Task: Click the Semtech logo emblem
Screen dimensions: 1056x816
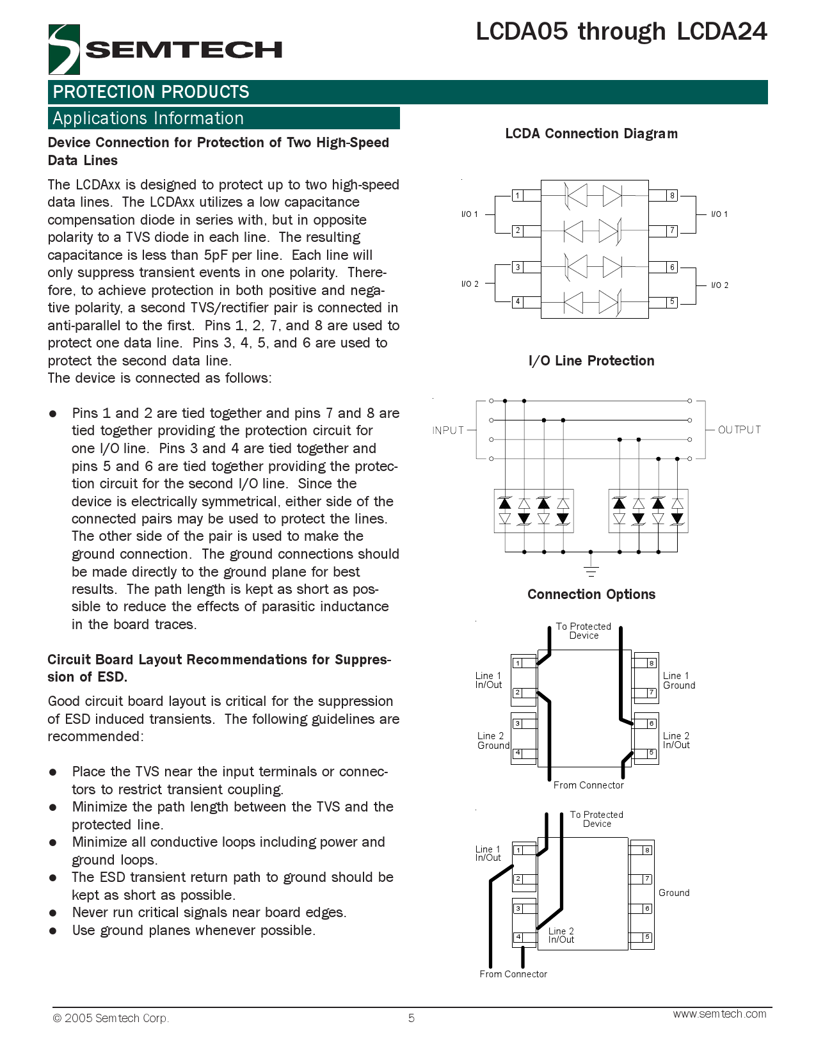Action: pos(64,49)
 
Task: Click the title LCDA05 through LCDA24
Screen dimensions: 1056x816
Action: pos(621,31)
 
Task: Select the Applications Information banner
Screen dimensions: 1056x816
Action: pos(223,118)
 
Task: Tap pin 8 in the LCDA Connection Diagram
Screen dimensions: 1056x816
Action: pos(672,196)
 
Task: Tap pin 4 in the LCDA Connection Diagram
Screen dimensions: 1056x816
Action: pos(518,301)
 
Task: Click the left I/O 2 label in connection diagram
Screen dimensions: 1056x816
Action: pos(470,284)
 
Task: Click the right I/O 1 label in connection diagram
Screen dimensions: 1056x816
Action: pos(719,214)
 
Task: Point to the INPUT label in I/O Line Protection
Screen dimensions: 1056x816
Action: pos(448,430)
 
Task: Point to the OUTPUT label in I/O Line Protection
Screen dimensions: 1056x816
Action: pos(739,429)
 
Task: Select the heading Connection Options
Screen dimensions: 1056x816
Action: pos(591,594)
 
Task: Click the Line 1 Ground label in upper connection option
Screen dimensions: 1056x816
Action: pos(678,680)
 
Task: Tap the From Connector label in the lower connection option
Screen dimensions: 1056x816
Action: pos(513,973)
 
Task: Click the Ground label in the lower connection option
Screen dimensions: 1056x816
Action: pos(674,893)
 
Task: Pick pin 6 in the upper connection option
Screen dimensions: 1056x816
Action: pos(652,723)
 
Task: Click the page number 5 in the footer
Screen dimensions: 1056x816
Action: pos(412,1018)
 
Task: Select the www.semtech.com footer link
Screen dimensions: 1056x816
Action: pos(719,1014)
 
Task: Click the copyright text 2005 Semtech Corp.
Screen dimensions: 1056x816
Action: pos(111,1018)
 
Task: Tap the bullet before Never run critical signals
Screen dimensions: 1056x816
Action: pos(53,913)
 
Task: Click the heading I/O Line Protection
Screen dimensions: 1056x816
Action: pos(591,360)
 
